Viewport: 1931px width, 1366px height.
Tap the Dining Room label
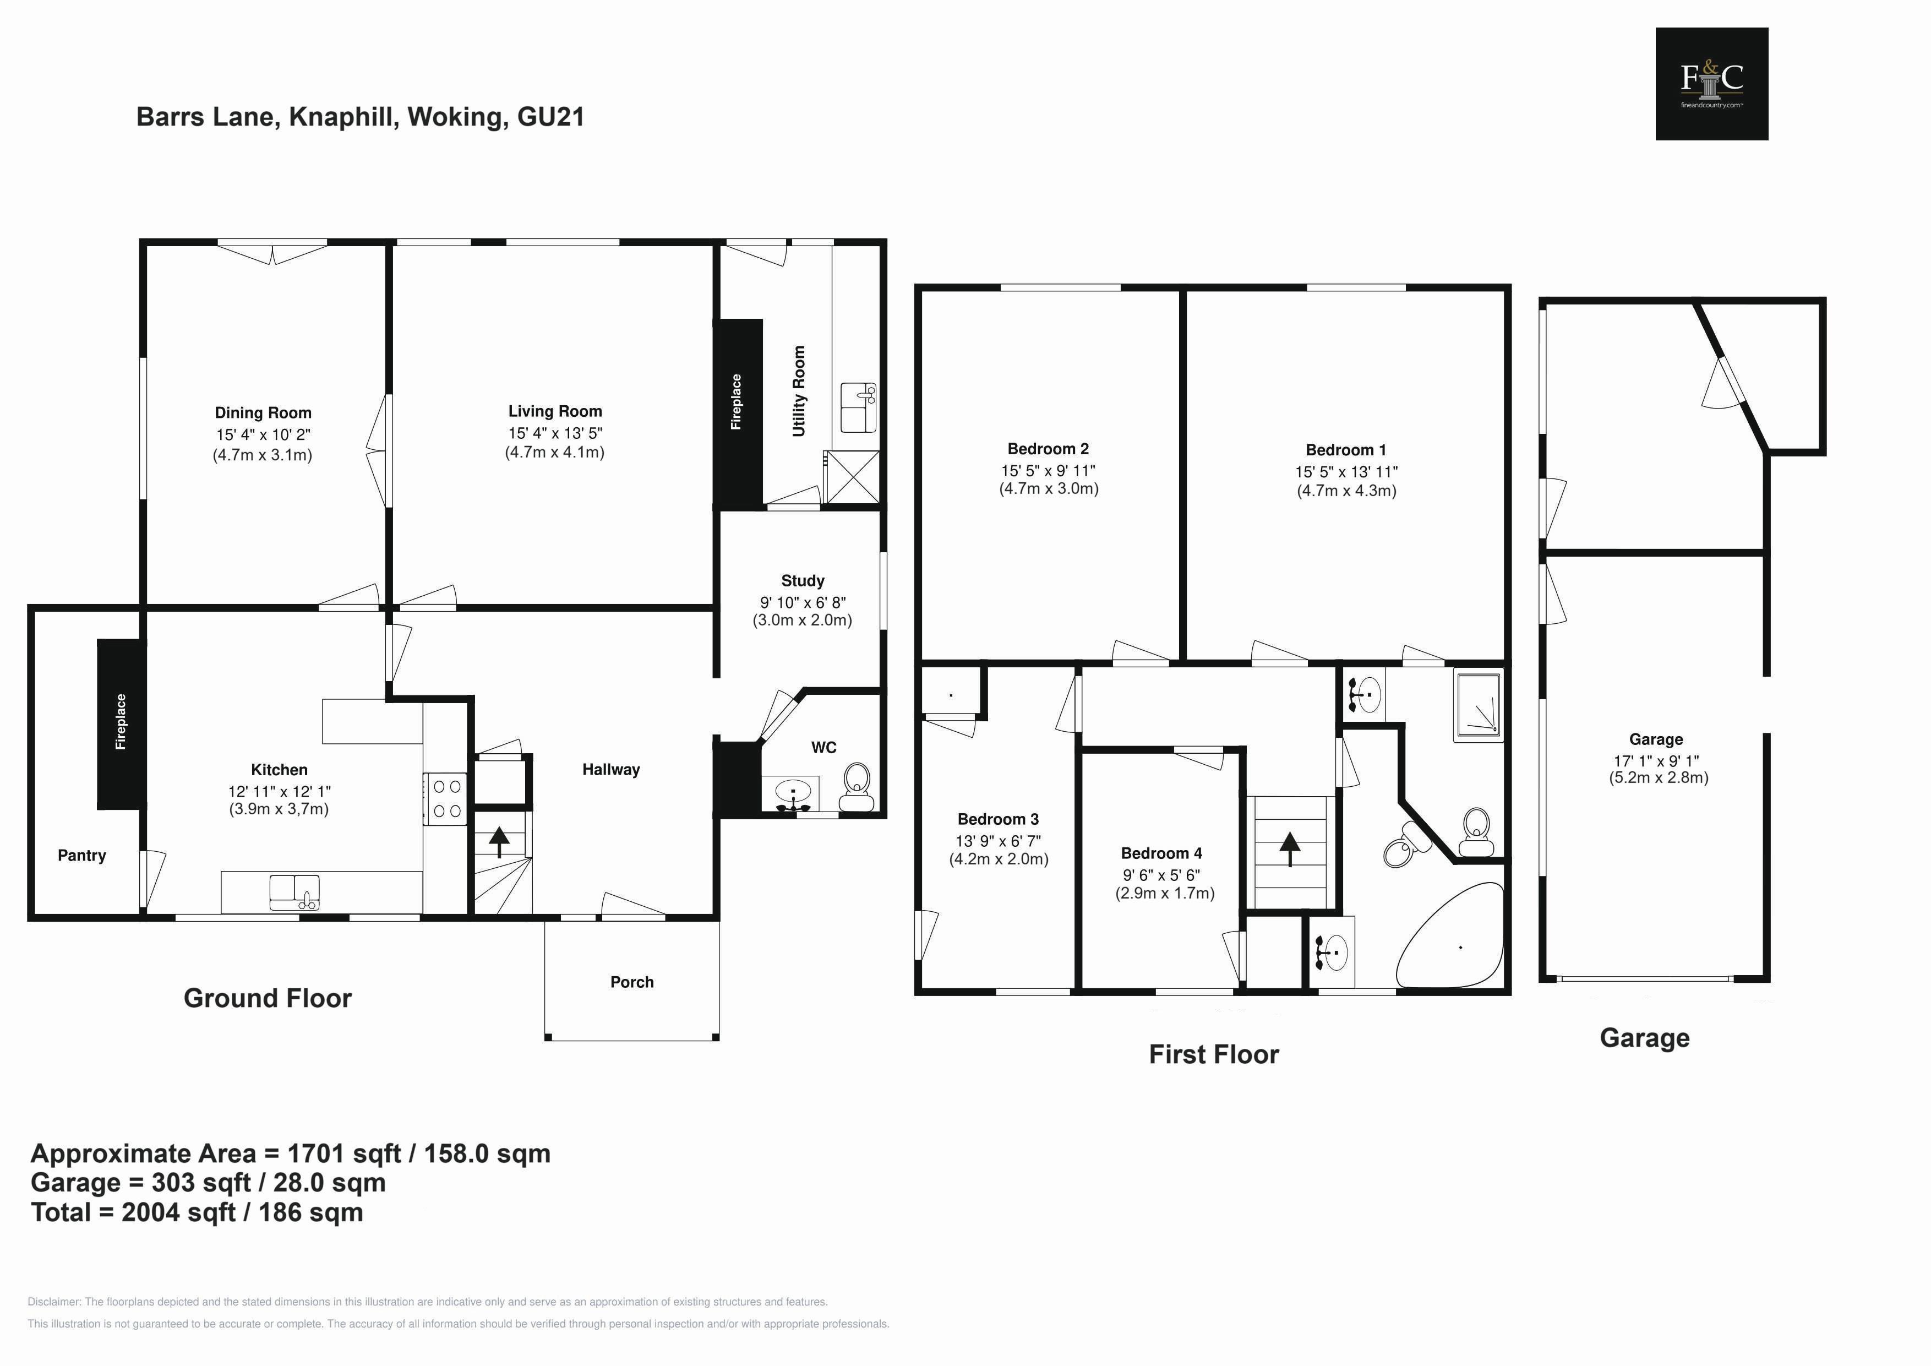pos(263,413)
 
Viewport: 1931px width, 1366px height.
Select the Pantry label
pos(81,856)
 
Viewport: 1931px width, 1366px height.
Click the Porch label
pos(631,982)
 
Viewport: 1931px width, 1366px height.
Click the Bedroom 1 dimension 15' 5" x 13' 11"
pos(1346,472)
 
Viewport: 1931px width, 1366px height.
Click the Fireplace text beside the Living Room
pos(737,402)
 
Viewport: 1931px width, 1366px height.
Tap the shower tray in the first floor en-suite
pos(1477,706)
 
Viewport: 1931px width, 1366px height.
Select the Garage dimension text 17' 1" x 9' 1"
pos(1655,760)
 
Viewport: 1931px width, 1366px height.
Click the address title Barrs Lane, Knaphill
pos(360,117)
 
